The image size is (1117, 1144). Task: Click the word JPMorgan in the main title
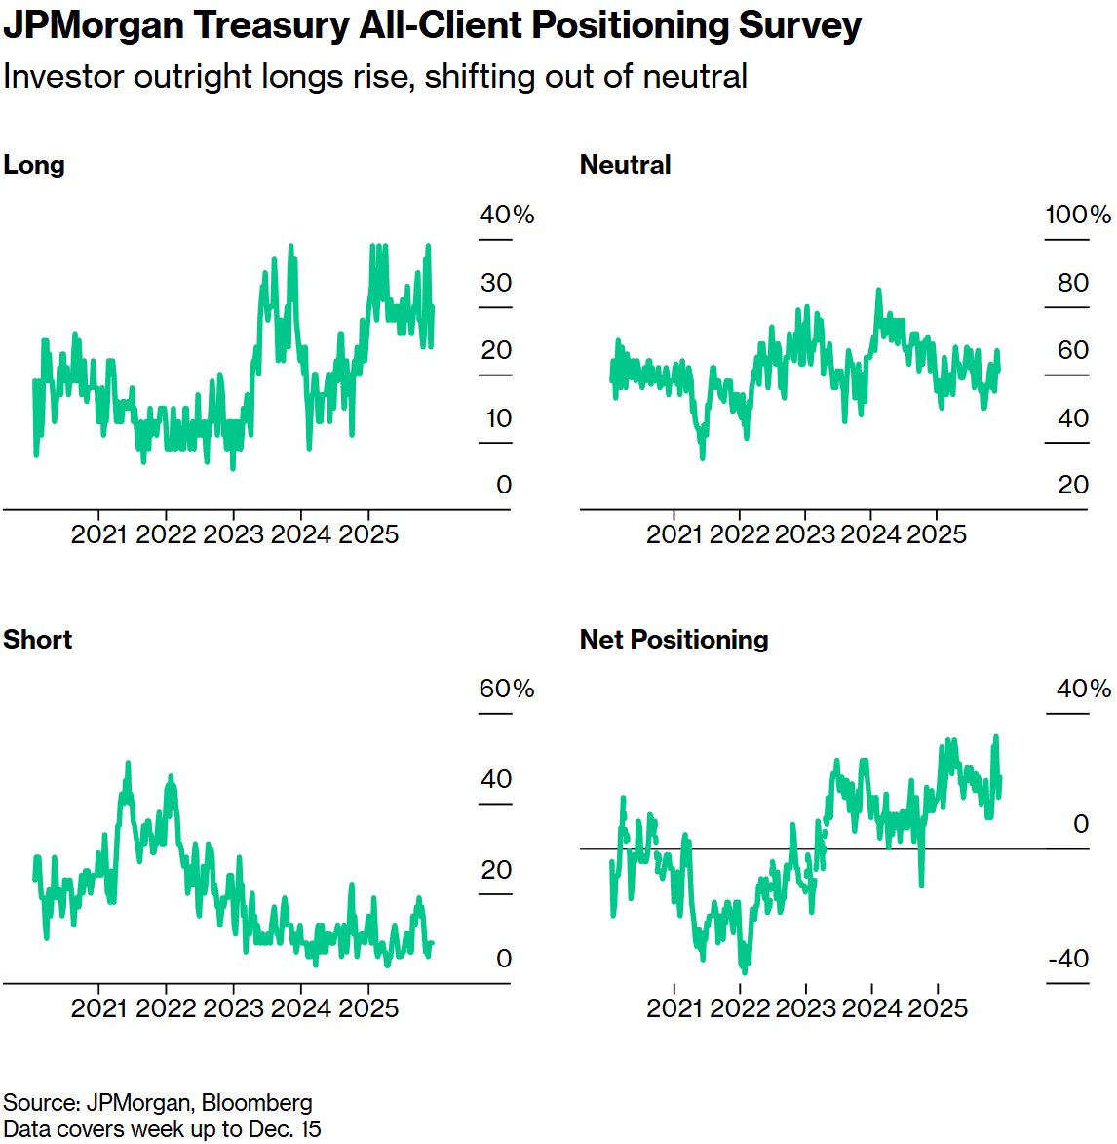[x=95, y=26]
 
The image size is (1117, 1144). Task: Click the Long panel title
[x=34, y=165]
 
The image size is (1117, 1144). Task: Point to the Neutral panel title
[x=625, y=165]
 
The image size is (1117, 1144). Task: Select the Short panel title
[x=38, y=640]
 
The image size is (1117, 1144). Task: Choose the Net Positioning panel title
[x=674, y=640]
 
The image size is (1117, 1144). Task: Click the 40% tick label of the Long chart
[x=506, y=215]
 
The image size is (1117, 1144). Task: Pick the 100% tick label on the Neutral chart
[x=1078, y=215]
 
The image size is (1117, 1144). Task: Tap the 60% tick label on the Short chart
[x=506, y=689]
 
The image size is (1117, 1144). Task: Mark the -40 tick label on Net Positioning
[x=1068, y=959]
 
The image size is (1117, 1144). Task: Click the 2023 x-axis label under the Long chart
[x=233, y=534]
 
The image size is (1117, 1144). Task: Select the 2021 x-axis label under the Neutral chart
[x=674, y=534]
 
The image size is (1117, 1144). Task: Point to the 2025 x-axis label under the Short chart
[x=368, y=1007]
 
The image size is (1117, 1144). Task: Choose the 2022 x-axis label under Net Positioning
[x=740, y=1007]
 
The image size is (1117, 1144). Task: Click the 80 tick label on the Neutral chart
[x=1073, y=283]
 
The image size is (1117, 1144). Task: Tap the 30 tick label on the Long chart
[x=496, y=283]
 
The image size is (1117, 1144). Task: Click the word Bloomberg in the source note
[x=257, y=1103]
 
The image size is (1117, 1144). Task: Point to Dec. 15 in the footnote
[x=289, y=1129]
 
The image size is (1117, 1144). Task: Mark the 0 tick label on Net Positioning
[x=1081, y=824]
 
